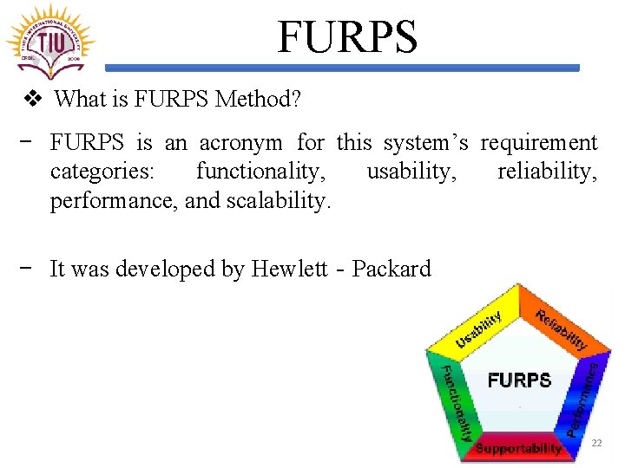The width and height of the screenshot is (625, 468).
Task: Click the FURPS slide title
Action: point(347,37)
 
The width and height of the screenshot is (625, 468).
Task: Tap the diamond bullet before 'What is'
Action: point(33,100)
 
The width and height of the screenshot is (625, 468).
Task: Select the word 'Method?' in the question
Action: point(258,100)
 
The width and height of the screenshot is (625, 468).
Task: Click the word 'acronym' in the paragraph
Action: point(242,142)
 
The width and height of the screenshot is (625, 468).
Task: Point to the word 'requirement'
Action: point(538,142)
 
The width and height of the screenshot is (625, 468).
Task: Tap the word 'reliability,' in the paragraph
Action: point(547,172)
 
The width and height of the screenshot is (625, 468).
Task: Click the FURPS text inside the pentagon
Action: point(519,380)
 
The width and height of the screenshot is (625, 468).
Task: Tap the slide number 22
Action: point(596,443)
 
